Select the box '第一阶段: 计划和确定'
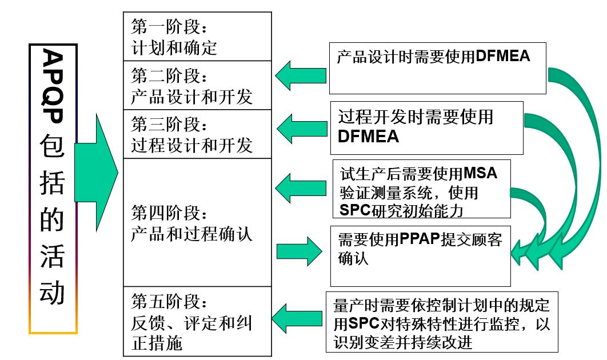click(x=197, y=36)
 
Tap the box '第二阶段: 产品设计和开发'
click(x=197, y=85)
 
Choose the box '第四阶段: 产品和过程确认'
click(x=197, y=223)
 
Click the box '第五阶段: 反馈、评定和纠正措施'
click(x=197, y=322)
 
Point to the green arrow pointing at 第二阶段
click(x=301, y=75)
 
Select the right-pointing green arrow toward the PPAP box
click(x=299, y=250)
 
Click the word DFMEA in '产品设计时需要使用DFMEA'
click(x=502, y=56)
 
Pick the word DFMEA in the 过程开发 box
click(x=368, y=137)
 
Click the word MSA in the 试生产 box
click(x=480, y=173)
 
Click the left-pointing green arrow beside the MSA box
click(x=301, y=186)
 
